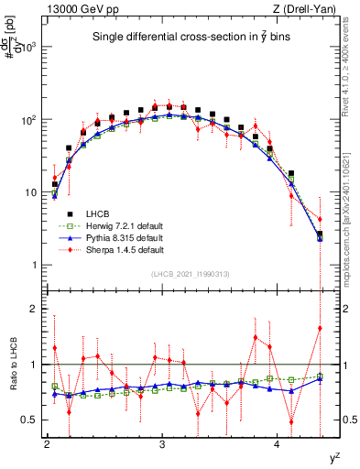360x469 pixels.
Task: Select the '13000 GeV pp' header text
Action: click(74, 9)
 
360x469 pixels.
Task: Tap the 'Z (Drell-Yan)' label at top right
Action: click(313, 9)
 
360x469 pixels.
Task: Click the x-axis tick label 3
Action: click(162, 444)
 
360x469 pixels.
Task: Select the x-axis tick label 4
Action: click(278, 444)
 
